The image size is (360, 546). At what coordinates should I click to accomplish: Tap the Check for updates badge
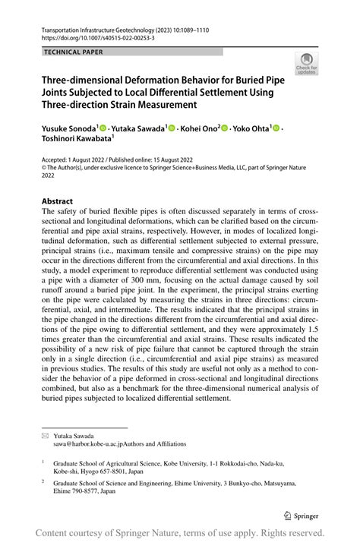[307, 64]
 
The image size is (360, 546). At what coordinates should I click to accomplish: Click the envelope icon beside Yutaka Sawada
[45, 439]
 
